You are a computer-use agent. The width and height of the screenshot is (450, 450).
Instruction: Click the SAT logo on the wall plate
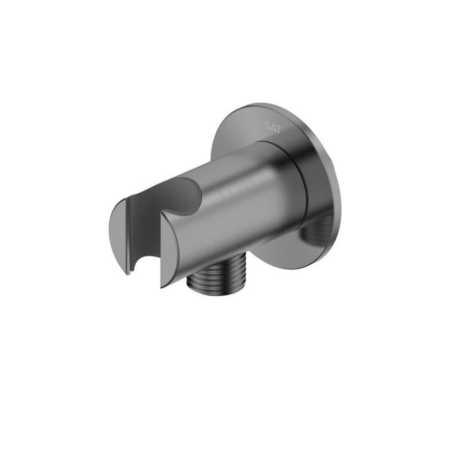(273, 130)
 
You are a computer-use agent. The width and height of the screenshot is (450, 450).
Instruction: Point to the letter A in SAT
(273, 130)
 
